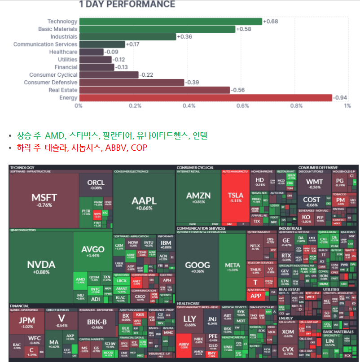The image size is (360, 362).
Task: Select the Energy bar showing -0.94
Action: (x=205, y=98)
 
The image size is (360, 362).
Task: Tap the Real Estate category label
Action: (x=65, y=90)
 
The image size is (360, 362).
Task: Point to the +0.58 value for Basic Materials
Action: (x=244, y=29)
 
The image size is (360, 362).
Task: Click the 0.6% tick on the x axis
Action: (x=243, y=106)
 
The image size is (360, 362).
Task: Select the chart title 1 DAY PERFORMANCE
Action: (x=127, y=5)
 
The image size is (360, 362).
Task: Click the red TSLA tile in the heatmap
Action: (x=235, y=197)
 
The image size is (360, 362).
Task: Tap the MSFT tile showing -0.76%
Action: (x=44, y=199)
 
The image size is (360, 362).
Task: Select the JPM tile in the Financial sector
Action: (x=26, y=322)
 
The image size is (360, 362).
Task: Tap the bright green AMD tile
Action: (x=80, y=280)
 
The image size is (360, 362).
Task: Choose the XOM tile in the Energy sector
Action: (x=288, y=333)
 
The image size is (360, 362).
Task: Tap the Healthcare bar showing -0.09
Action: (x=91, y=52)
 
